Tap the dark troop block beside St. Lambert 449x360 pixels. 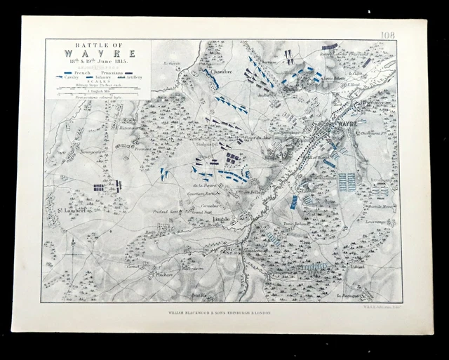pos(99,187)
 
